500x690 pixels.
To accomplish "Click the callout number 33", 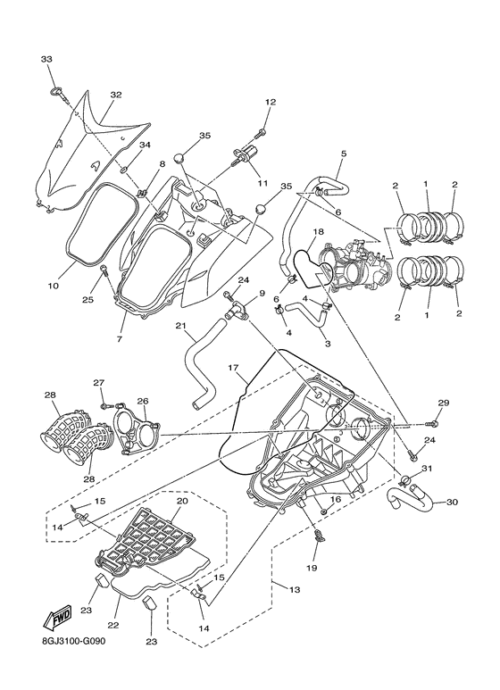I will click(x=46, y=58).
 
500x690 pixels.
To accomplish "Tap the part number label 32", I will click(x=115, y=95).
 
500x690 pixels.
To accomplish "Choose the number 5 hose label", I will click(x=343, y=154).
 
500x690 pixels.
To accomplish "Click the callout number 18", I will click(x=318, y=232).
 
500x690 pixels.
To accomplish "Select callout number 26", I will click(x=142, y=401).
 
